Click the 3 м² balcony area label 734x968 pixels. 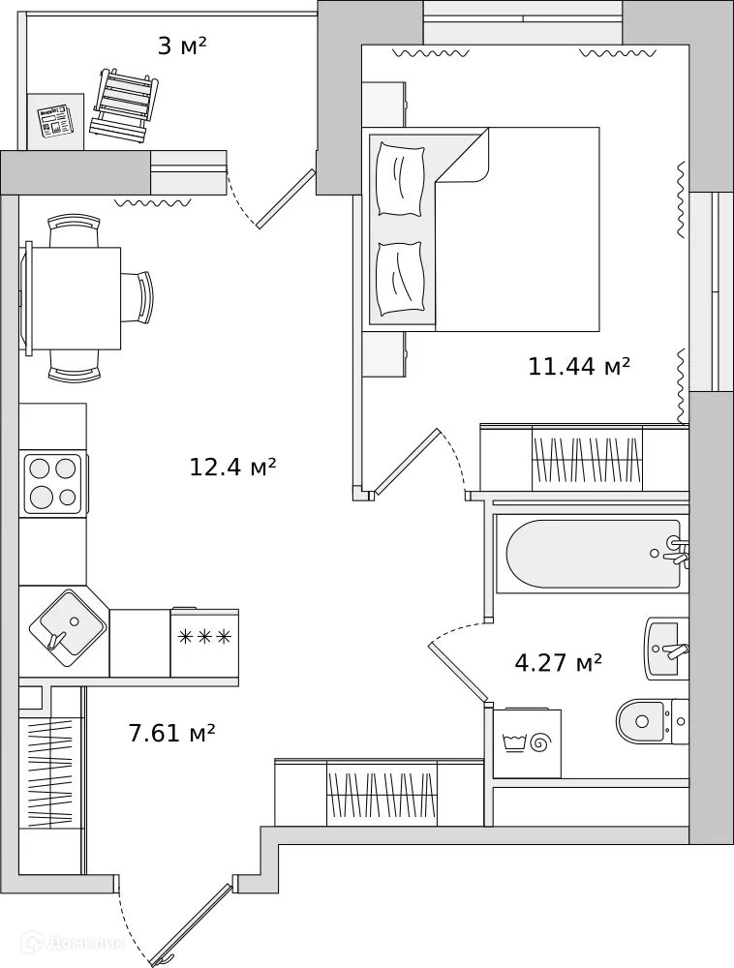pyautogui.click(x=182, y=46)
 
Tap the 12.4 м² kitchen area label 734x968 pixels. pyautogui.click(x=232, y=467)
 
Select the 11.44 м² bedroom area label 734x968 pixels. pyautogui.click(x=579, y=366)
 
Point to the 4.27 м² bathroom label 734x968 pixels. pyautogui.click(x=558, y=662)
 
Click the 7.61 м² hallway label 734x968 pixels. pyautogui.click(x=171, y=733)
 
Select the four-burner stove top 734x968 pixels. pyautogui.click(x=53, y=484)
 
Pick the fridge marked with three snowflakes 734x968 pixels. pyautogui.click(x=204, y=642)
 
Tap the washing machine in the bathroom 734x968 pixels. pyautogui.click(x=527, y=742)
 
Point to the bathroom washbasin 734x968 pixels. pyautogui.click(x=667, y=649)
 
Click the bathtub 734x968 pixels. pyautogui.click(x=593, y=555)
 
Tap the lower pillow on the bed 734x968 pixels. pyautogui.click(x=401, y=279)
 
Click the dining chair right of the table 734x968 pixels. pyautogui.click(x=137, y=297)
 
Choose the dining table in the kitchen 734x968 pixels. pyautogui.click(x=74, y=298)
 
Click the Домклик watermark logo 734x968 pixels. pyautogui.click(x=74, y=943)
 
